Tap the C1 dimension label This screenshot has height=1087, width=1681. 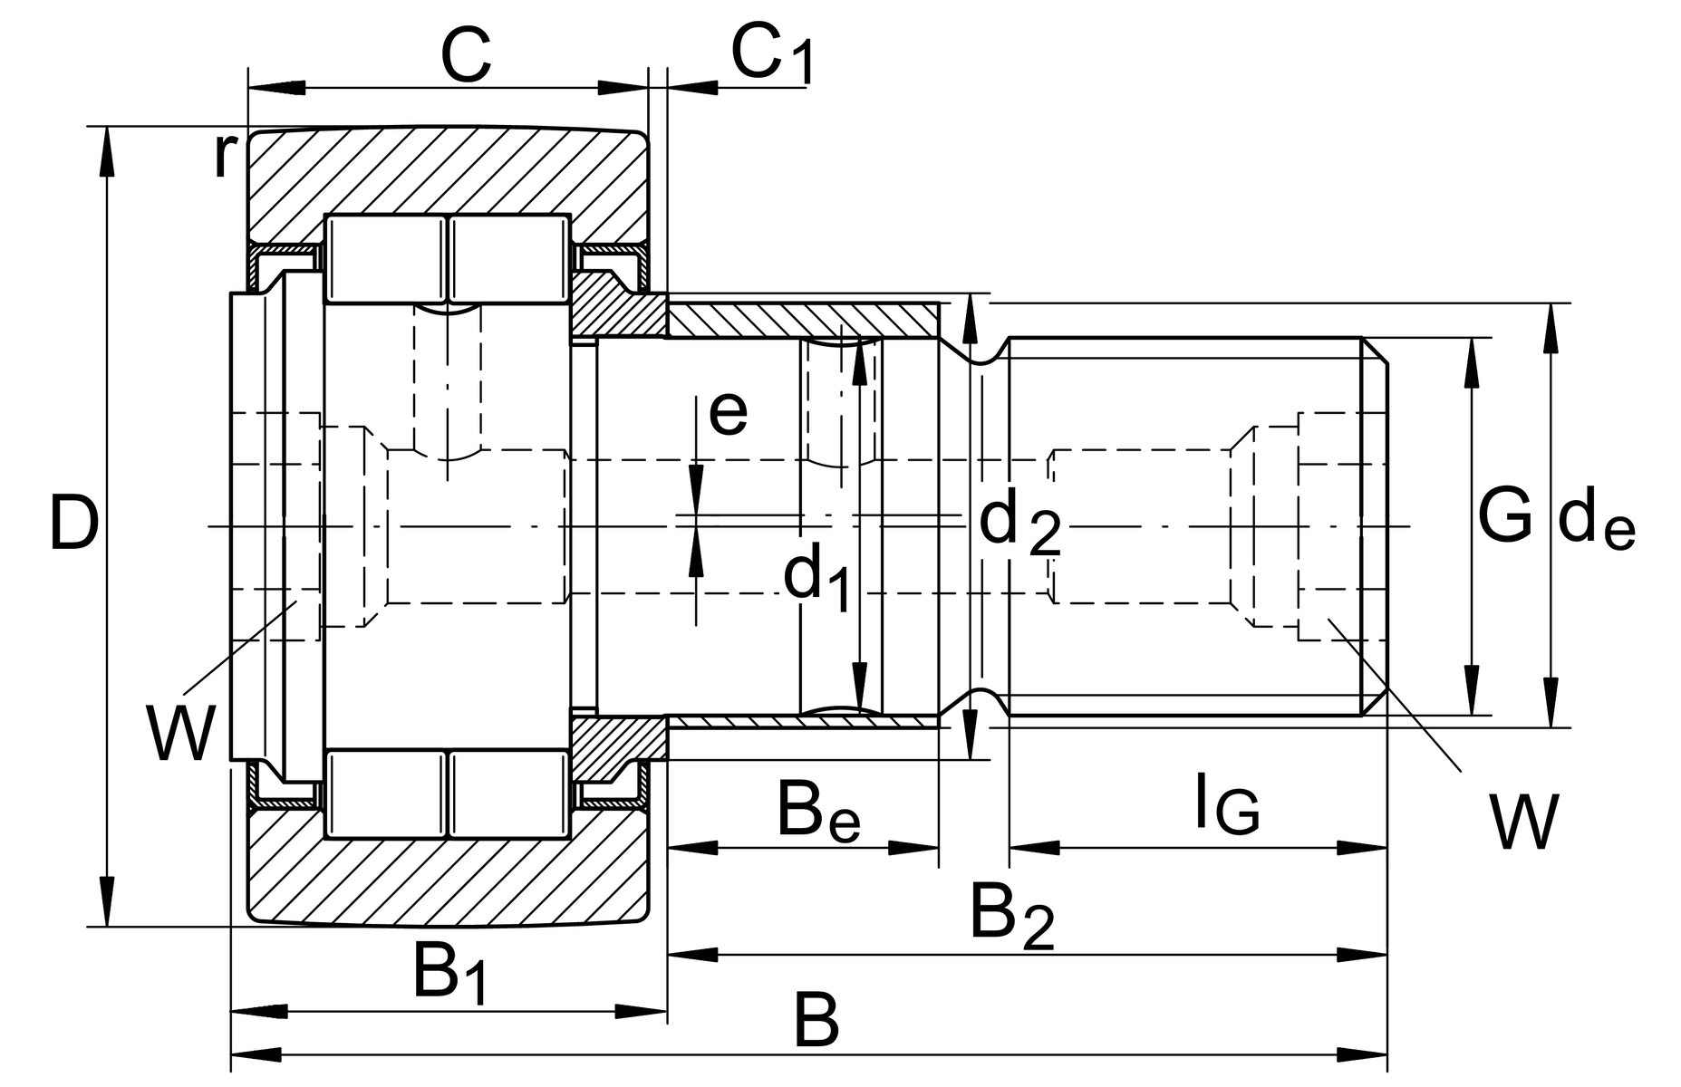[x=771, y=57]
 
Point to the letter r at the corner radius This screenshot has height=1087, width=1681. [x=223, y=156]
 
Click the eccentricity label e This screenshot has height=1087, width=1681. [x=728, y=413]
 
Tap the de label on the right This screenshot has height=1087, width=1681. [x=1596, y=524]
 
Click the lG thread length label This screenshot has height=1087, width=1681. [x=1226, y=803]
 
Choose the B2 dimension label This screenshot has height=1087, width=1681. [x=1011, y=916]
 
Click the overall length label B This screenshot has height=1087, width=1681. [x=816, y=1021]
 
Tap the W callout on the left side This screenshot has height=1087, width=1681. [x=182, y=735]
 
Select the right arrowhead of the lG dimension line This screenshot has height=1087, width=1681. [x=1363, y=848]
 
